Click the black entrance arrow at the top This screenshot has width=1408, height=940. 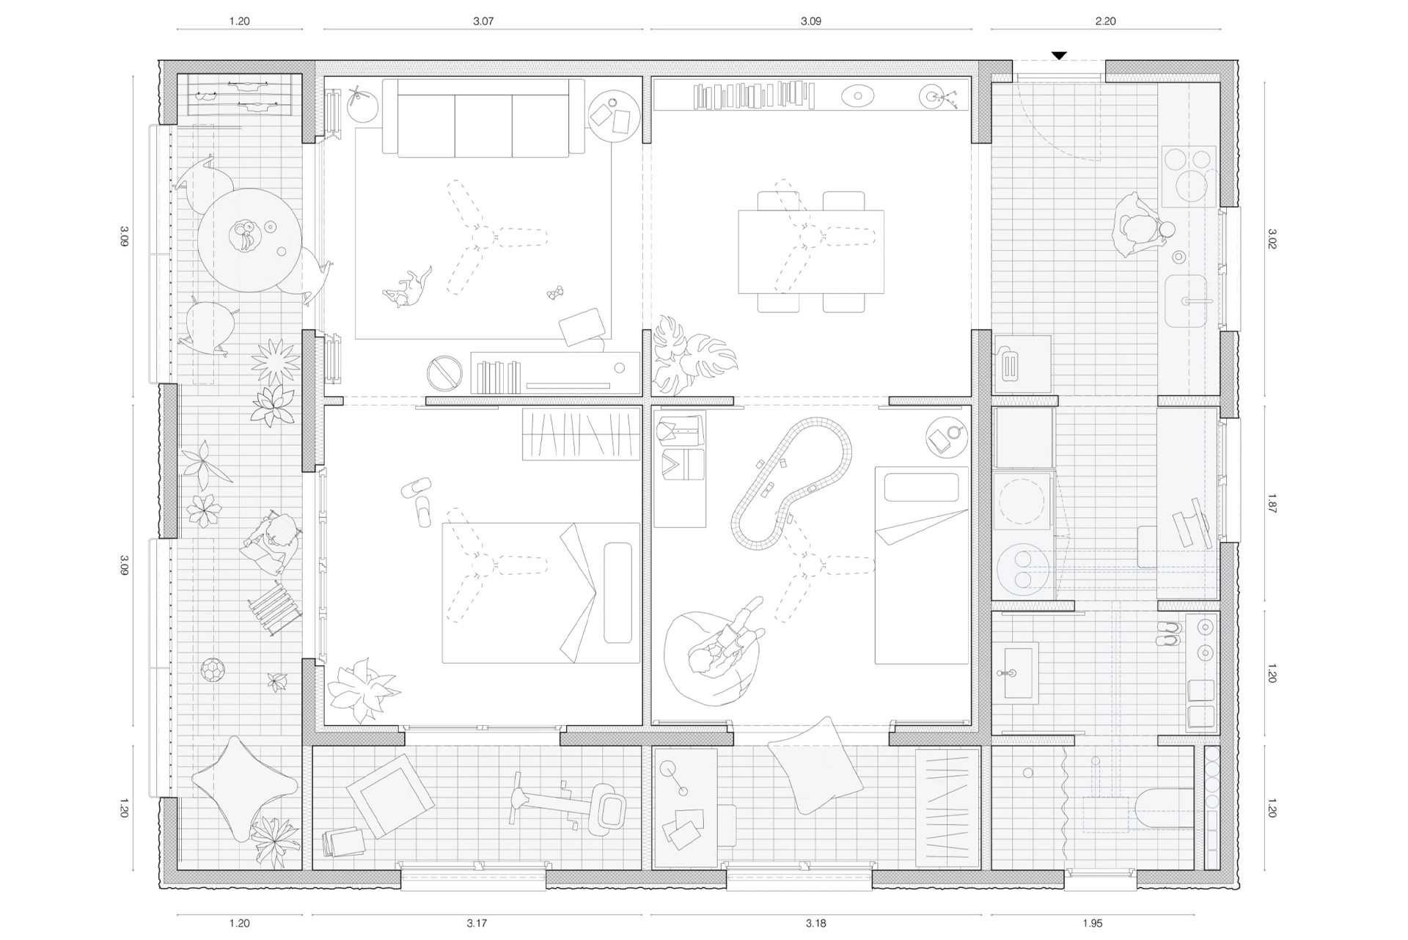(x=1059, y=56)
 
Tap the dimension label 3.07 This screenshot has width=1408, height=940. (x=483, y=21)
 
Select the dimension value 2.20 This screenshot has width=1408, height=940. (x=1105, y=21)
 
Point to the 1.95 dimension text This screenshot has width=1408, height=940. (x=1092, y=923)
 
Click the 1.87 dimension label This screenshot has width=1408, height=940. (x=1272, y=504)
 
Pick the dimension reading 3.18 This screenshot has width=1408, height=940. (x=815, y=923)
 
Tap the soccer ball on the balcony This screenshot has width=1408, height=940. (x=213, y=669)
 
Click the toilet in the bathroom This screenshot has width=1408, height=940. (x=1165, y=807)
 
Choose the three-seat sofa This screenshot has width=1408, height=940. (x=483, y=118)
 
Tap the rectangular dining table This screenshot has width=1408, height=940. (x=811, y=251)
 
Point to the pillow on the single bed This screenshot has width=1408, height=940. (x=921, y=488)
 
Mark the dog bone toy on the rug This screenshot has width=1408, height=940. (x=555, y=293)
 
